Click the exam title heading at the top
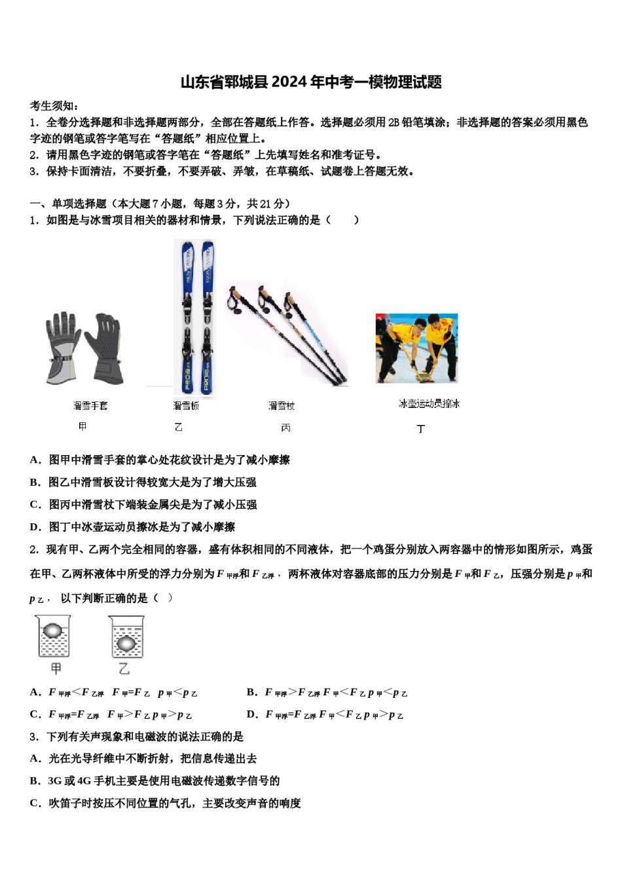click(311, 82)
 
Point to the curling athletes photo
click(416, 348)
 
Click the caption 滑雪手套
click(90, 406)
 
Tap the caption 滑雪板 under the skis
click(186, 406)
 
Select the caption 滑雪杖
click(282, 406)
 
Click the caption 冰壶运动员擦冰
click(429, 404)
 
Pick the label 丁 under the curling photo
click(421, 429)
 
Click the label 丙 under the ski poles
click(285, 428)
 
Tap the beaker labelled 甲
click(53, 636)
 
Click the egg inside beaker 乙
click(126, 644)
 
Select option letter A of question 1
click(35, 460)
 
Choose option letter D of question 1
click(35, 527)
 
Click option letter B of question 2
click(251, 692)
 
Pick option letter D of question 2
click(252, 714)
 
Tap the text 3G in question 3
click(54, 781)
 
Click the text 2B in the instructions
click(393, 122)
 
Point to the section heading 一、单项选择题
click(68, 204)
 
